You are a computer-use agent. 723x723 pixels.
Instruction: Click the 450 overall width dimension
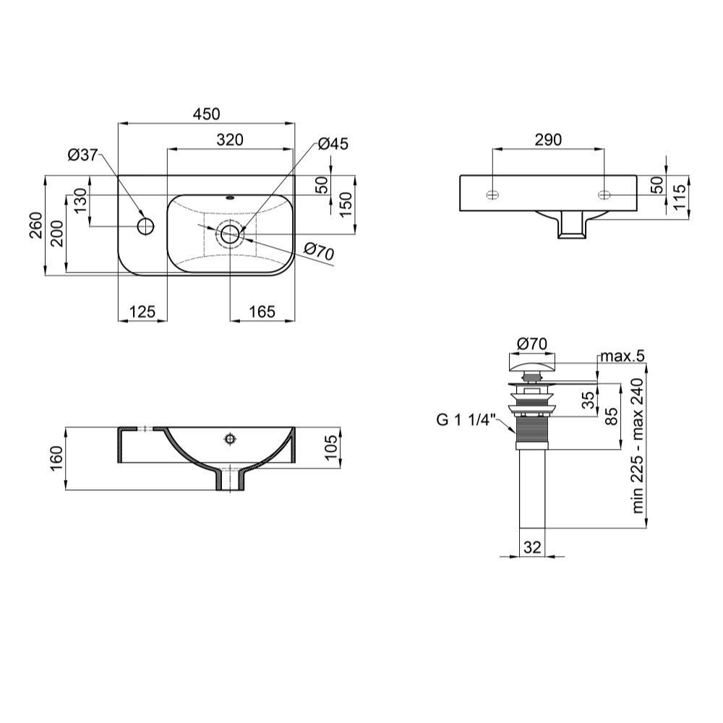pos(205,114)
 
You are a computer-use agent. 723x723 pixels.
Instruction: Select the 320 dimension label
pos(229,140)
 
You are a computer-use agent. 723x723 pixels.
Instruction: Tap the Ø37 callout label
pos(82,154)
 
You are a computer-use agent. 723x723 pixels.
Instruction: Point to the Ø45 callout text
pos(333,144)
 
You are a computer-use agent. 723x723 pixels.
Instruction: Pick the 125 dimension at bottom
pos(142,312)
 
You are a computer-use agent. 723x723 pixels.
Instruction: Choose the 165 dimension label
pos(262,312)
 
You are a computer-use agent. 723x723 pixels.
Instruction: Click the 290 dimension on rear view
pos(548,140)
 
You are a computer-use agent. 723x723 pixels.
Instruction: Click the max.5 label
pos(621,356)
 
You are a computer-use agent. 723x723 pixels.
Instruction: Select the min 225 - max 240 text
pos(638,446)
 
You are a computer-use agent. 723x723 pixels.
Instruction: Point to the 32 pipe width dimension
pos(531,547)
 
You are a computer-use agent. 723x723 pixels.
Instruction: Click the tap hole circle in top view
pos(145,225)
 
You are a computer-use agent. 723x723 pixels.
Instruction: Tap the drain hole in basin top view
pos(230,233)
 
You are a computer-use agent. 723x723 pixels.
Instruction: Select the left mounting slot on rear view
pos(492,194)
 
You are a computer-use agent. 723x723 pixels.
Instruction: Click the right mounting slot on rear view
pos(604,194)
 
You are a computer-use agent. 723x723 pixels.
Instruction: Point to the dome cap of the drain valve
pos(533,363)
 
